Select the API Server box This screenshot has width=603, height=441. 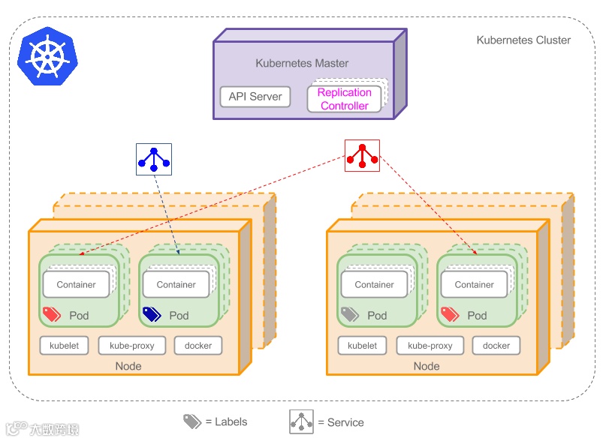(x=255, y=97)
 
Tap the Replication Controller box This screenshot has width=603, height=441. (x=345, y=99)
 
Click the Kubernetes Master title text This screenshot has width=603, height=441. (x=302, y=64)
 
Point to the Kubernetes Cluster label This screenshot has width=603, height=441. (x=523, y=40)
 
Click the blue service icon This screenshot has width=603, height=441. (x=153, y=158)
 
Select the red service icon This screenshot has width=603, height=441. (x=362, y=155)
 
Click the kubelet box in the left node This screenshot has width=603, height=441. (x=64, y=346)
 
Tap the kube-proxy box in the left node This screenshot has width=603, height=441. (x=131, y=346)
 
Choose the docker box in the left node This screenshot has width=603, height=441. (x=198, y=346)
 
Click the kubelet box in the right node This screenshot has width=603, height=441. (x=362, y=346)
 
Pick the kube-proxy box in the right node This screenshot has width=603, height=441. (x=430, y=346)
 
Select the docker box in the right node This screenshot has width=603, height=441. (x=496, y=346)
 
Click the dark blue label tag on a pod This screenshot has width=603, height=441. (x=152, y=314)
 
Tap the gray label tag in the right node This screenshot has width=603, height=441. (x=350, y=314)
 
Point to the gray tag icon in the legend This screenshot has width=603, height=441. (x=192, y=421)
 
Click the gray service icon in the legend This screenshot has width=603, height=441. (x=302, y=421)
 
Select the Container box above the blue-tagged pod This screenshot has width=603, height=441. (x=176, y=284)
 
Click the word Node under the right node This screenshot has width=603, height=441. (x=427, y=366)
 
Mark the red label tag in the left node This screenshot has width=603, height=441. (x=52, y=314)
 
